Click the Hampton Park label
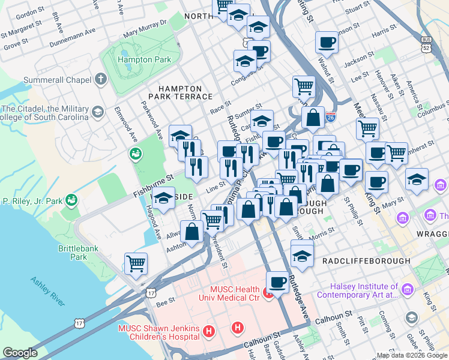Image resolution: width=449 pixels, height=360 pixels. (x=144, y=59)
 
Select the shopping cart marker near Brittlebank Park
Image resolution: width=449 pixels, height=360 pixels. (x=136, y=263)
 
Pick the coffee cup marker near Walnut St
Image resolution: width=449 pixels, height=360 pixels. (x=327, y=42)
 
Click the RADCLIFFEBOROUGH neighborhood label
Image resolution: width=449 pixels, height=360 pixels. (x=366, y=261)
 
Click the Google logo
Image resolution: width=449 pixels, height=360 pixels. (x=20, y=353)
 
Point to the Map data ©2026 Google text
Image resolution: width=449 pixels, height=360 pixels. (x=412, y=355)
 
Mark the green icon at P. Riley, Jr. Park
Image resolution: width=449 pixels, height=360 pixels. (x=72, y=199)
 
